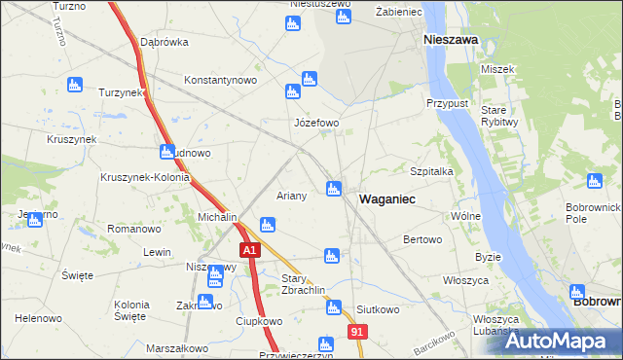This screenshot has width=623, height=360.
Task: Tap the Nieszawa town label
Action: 450,40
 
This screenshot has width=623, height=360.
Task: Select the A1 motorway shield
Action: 250,250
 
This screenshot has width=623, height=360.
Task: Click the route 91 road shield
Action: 358,333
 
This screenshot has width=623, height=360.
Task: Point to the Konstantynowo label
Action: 219,80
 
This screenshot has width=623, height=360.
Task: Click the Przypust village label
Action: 448,103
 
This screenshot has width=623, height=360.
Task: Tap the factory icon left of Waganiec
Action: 334,188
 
